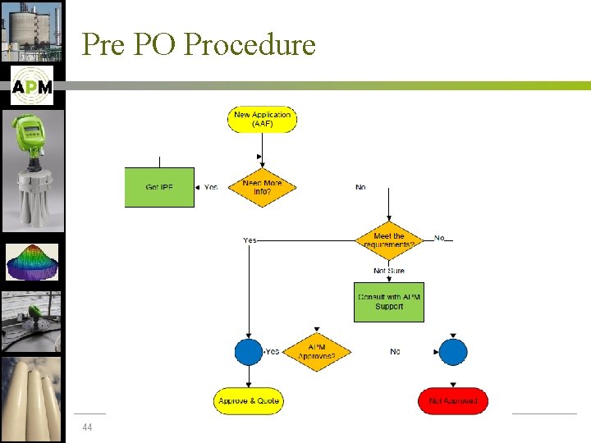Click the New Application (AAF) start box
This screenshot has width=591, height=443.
pyautogui.click(x=262, y=119)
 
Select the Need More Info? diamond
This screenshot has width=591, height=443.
pyautogui.click(x=262, y=187)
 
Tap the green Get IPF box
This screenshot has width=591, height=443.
pyautogui.click(x=159, y=187)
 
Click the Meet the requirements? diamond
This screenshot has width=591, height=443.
pyautogui.click(x=388, y=240)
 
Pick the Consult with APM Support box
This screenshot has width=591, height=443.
pyautogui.click(x=388, y=302)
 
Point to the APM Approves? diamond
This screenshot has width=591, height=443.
pyautogui.click(x=316, y=352)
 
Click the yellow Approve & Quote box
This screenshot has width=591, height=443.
pyautogui.click(x=248, y=401)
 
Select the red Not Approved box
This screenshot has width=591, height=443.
pyautogui.click(x=452, y=401)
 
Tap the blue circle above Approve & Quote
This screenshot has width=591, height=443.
pyautogui.click(x=248, y=352)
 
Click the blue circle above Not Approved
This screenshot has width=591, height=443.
pyautogui.click(x=452, y=352)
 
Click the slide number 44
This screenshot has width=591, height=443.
pyautogui.click(x=87, y=427)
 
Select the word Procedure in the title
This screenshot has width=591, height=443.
pyautogui.click(x=250, y=44)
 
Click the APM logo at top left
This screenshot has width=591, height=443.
pyautogui.click(x=32, y=86)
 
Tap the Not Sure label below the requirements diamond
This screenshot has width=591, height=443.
pyautogui.click(x=388, y=271)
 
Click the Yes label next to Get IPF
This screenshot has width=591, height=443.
pyautogui.click(x=211, y=187)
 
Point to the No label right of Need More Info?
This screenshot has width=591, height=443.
pyautogui.click(x=360, y=187)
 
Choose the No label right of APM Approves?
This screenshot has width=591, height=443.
pyautogui.click(x=395, y=352)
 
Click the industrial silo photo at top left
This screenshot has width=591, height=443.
pyautogui.click(x=32, y=31)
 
